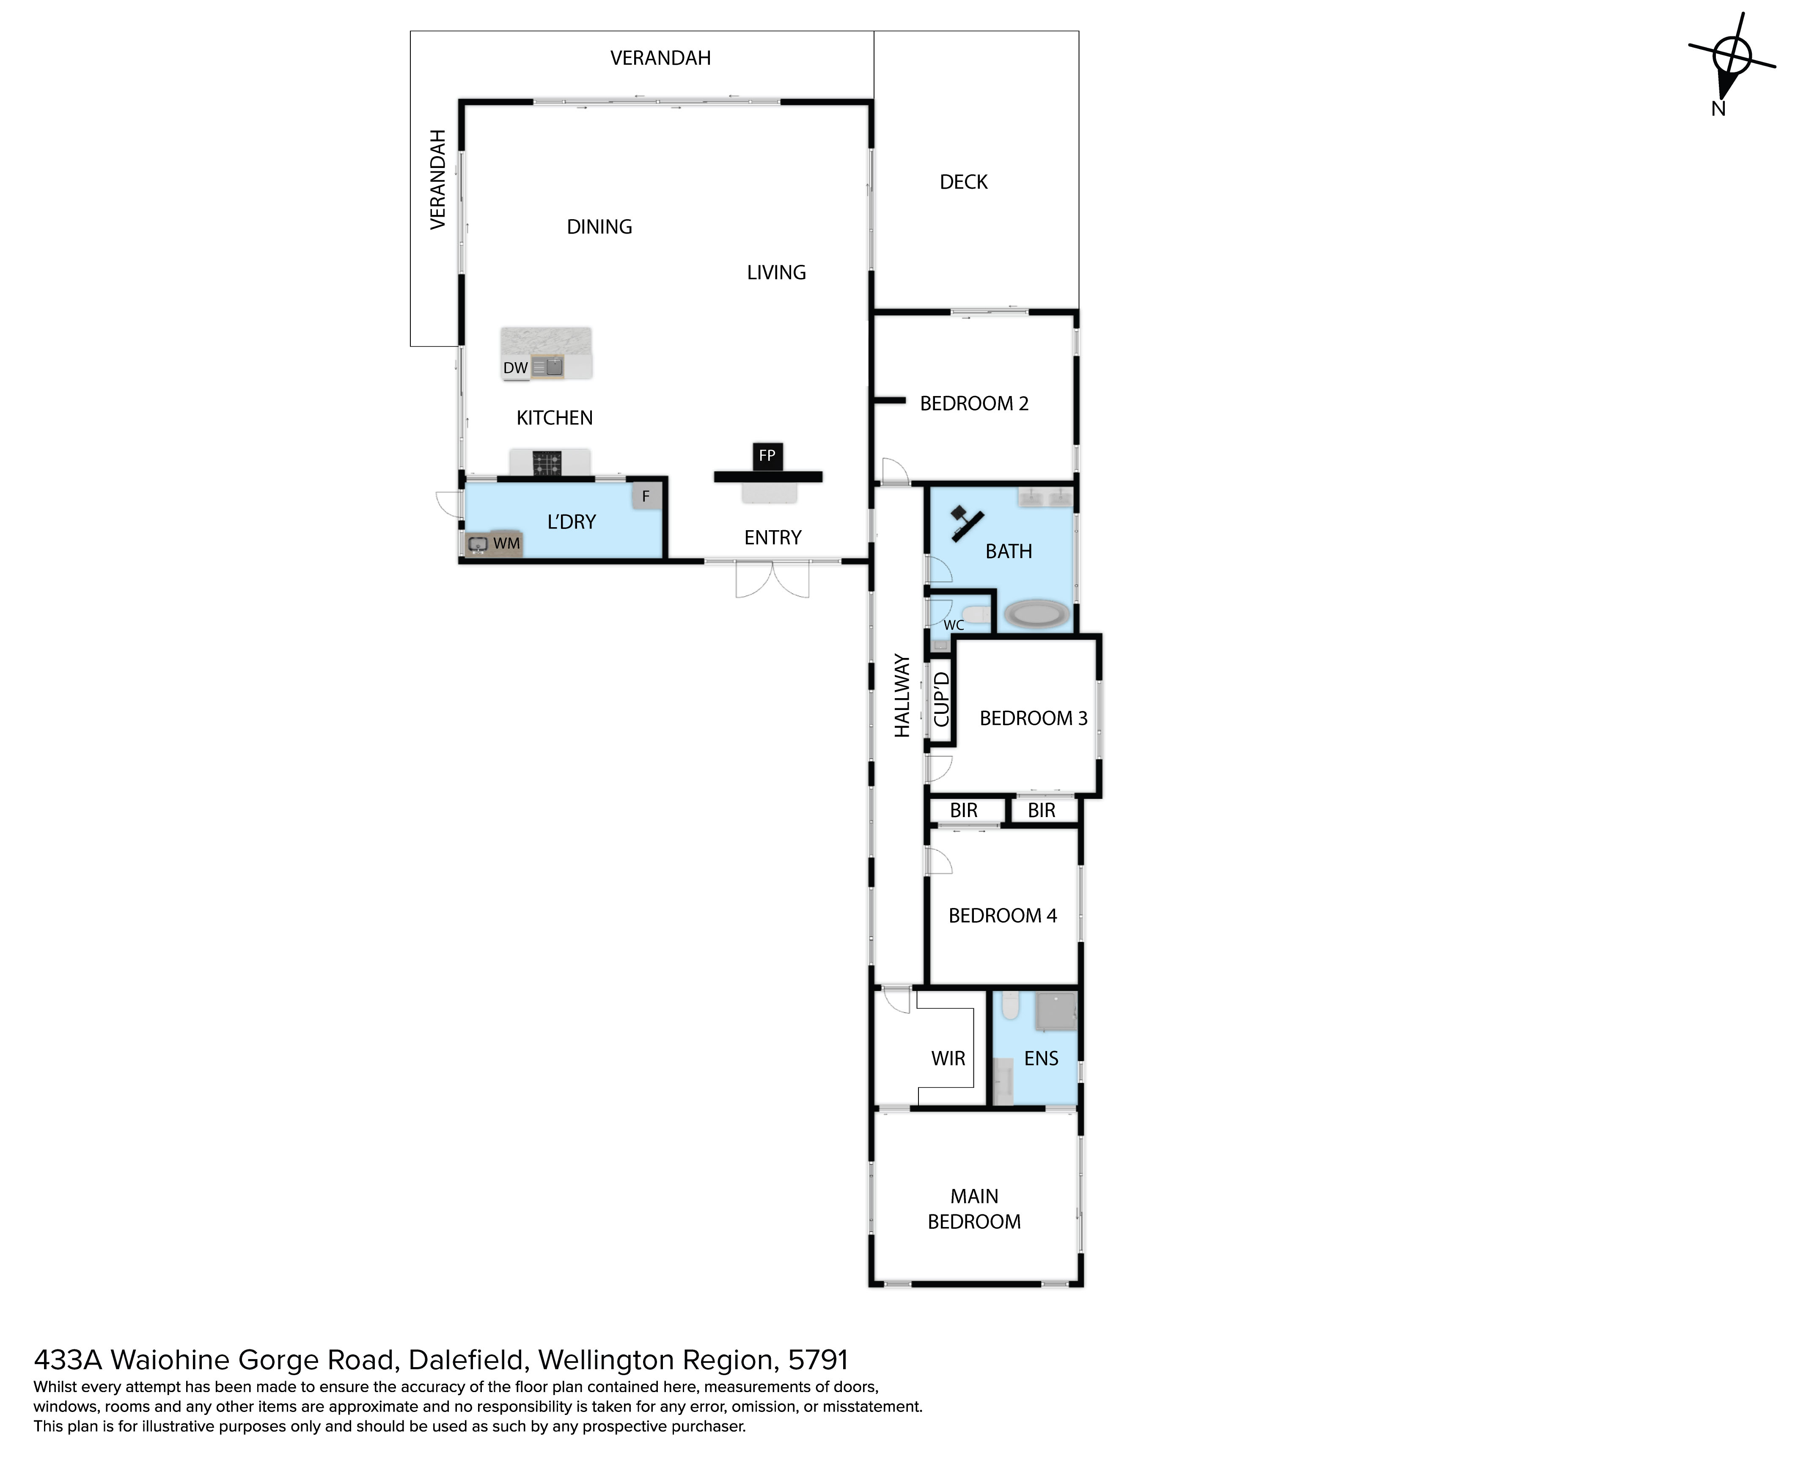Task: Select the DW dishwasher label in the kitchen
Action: click(515, 368)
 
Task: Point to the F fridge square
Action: click(646, 496)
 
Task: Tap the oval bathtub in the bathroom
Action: click(1036, 613)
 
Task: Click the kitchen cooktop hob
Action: click(547, 463)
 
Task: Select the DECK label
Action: click(963, 182)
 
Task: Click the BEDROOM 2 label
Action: click(974, 404)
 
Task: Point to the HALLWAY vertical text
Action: click(902, 696)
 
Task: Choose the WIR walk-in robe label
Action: click(948, 1058)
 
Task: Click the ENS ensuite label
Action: click(1041, 1058)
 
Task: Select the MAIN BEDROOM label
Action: click(974, 1209)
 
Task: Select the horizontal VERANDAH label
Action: click(660, 58)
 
